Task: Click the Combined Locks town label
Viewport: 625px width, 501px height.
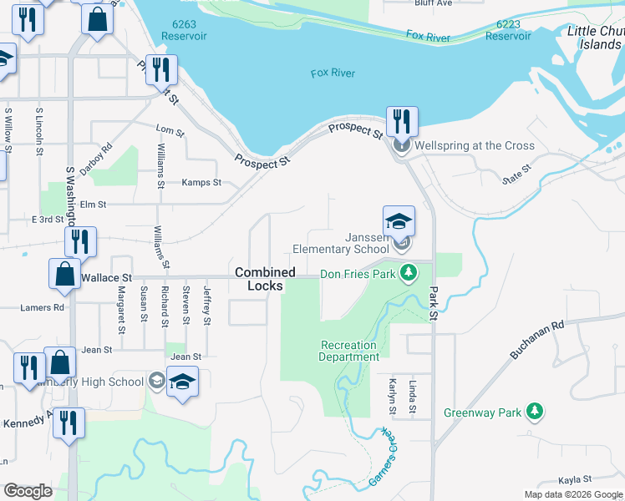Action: [265, 279]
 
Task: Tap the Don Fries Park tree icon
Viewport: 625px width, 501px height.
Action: [409, 273]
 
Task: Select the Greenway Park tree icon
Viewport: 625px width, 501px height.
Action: [535, 412]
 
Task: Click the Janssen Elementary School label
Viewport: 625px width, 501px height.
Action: [341, 243]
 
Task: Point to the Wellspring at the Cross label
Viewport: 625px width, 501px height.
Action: [474, 145]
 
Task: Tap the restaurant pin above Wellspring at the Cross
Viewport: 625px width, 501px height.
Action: [402, 122]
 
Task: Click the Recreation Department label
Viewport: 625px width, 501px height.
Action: [348, 351]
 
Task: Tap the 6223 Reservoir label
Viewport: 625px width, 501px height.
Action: [508, 31]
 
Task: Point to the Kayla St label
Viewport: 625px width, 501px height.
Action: [575, 479]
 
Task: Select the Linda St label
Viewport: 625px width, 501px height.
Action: [413, 397]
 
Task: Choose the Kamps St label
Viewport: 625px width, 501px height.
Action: [201, 182]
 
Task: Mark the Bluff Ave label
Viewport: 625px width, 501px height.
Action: [434, 3]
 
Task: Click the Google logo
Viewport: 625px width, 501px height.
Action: [28, 491]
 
